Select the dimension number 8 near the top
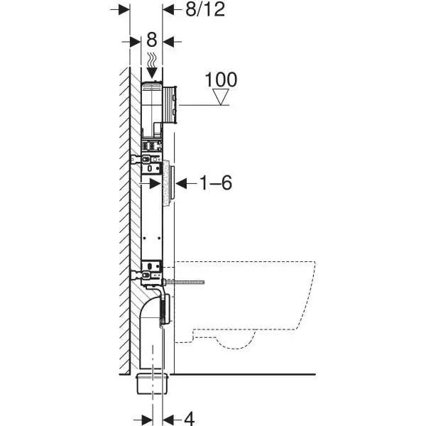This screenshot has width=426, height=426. (x=151, y=40)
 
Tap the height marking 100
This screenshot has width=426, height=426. (x=222, y=80)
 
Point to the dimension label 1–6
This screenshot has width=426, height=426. (x=214, y=183)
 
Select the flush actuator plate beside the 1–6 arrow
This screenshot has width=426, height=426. (x=169, y=183)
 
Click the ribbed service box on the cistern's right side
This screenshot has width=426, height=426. (x=170, y=102)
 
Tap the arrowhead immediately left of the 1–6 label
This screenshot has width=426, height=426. (x=180, y=183)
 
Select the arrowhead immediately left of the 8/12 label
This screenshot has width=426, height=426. (x=168, y=9)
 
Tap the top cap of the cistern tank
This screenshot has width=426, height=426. (x=152, y=87)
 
